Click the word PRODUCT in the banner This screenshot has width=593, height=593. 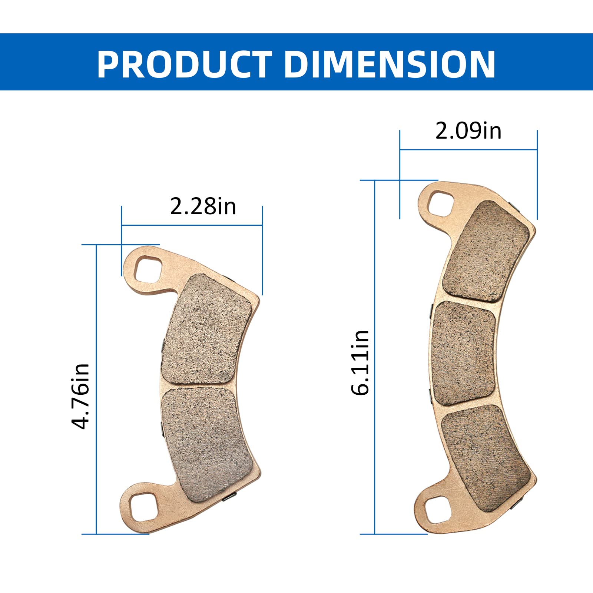pyautogui.click(x=184, y=64)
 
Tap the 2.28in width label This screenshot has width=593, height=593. pyautogui.click(x=203, y=206)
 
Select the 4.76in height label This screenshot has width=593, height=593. pyautogui.click(x=80, y=396)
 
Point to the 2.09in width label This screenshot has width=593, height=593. pyautogui.click(x=468, y=131)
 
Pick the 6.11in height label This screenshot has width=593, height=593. pyautogui.click(x=360, y=363)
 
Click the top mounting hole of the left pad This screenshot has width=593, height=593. pyautogui.click(x=148, y=269)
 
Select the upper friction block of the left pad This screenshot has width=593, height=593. pyautogui.click(x=206, y=329)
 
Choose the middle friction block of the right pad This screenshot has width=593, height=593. pyautogui.click(x=464, y=353)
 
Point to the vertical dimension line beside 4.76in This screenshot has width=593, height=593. pyautogui.click(x=96, y=389)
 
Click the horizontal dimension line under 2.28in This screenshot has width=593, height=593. pyautogui.click(x=192, y=225)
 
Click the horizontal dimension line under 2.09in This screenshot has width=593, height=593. pyautogui.click(x=468, y=150)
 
